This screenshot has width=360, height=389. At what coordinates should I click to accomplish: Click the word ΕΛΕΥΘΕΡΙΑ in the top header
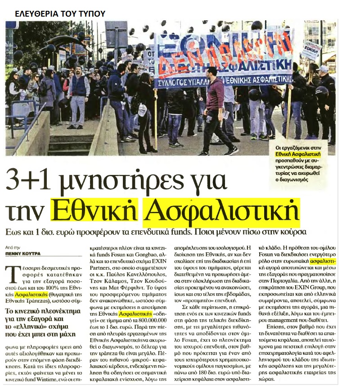click(x=34, y=13)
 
